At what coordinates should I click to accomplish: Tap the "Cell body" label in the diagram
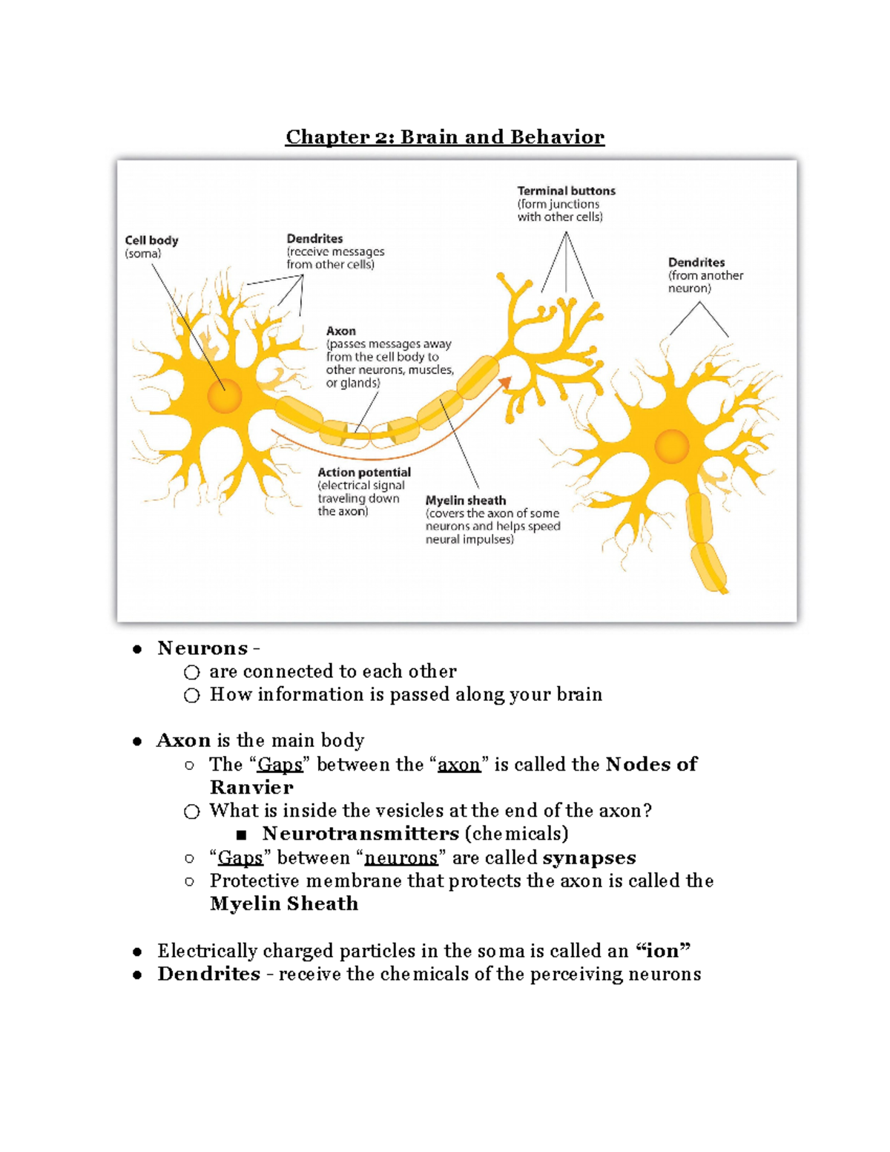pos(151,240)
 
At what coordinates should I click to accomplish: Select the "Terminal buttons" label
pos(566,191)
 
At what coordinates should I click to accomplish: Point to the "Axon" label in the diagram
pos(340,331)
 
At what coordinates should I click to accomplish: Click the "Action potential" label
pos(363,473)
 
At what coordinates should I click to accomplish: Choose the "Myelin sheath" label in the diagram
pos(465,501)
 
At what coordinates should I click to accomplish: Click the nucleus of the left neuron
pos(225,396)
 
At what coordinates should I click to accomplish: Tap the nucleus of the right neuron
pos(672,447)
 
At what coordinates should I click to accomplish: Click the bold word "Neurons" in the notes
pos(202,648)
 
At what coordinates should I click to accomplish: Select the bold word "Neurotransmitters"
pos(360,834)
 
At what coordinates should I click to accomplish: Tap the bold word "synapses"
pos(589,858)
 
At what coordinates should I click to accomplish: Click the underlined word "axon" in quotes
pos(458,765)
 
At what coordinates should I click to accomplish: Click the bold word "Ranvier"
pos(251,787)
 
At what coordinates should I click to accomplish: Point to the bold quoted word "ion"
pos(664,951)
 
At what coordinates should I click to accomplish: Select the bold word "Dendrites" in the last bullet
pos(208,974)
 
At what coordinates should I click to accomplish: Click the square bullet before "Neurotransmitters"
pos(241,835)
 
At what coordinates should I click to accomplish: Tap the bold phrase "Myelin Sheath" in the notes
pos(284,904)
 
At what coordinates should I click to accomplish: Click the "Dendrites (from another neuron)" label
pos(705,274)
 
